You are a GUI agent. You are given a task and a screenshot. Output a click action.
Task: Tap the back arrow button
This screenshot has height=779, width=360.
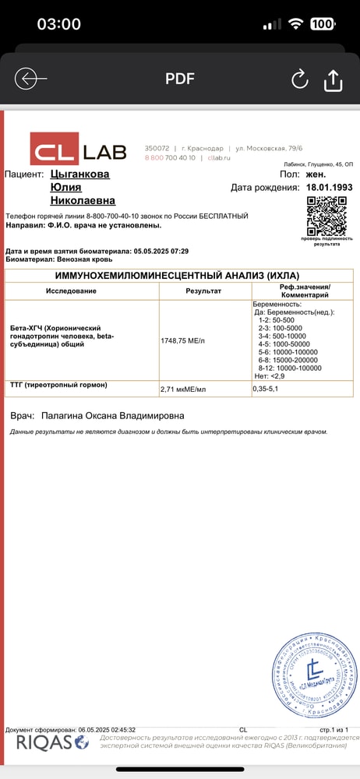coord(30,79)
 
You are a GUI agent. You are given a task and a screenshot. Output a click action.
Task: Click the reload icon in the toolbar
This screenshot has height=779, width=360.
coord(299,79)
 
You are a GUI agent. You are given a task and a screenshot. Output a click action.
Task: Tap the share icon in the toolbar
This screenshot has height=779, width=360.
coord(333,79)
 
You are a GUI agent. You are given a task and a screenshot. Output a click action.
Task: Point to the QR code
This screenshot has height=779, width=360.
coord(326,216)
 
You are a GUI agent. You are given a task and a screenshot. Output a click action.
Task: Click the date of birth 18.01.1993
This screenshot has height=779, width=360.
coord(329,188)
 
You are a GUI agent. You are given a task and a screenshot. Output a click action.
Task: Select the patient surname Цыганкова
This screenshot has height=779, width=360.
coord(79,174)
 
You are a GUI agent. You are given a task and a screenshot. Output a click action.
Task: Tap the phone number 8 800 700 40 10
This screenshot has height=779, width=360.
coord(170,157)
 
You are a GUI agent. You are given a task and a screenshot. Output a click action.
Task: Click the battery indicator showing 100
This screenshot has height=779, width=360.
coord(320,24)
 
